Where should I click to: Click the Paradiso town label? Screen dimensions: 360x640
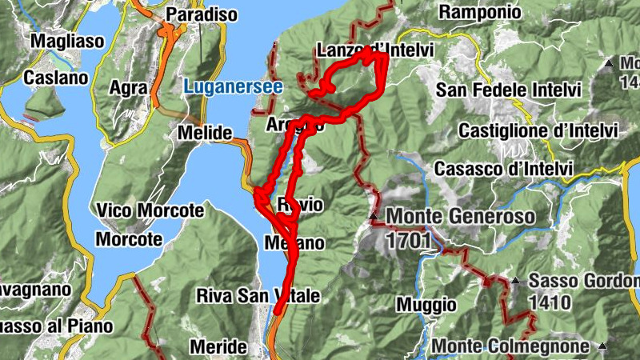point(202,14)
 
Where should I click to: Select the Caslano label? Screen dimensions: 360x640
point(54,78)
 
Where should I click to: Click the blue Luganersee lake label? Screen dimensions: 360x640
point(234,86)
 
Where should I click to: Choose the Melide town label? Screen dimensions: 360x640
point(205,132)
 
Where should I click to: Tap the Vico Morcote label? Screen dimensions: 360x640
point(150,211)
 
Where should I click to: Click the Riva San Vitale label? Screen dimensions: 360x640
point(258,297)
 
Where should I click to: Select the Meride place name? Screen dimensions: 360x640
point(218,347)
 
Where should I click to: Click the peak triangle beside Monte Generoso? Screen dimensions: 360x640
point(374,217)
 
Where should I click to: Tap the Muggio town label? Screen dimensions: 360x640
point(426,304)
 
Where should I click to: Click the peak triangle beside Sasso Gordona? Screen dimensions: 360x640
point(516,281)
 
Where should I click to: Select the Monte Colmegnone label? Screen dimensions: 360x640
point(511,346)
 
